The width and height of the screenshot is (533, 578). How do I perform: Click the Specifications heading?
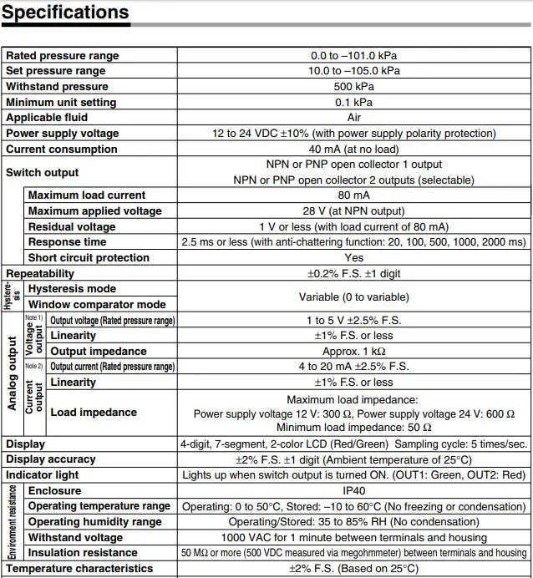pyautogui.click(x=65, y=13)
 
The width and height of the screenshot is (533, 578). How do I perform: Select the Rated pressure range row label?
pyautogui.click(x=63, y=56)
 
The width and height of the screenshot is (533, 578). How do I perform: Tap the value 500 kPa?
pyautogui.click(x=353, y=87)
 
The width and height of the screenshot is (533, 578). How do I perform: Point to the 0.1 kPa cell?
pyautogui.click(x=353, y=102)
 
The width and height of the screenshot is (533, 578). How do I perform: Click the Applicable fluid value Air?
pyautogui.click(x=353, y=118)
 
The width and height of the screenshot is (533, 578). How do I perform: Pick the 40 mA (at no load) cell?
pyautogui.click(x=353, y=150)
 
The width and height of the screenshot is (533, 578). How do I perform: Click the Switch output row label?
pyautogui.click(x=42, y=172)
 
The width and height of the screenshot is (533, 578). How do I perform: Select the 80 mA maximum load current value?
pyautogui.click(x=353, y=195)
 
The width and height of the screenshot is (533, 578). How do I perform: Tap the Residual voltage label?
pyautogui.click(x=72, y=227)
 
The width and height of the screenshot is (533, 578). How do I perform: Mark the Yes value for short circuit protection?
pyautogui.click(x=353, y=258)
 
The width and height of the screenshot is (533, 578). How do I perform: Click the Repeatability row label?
pyautogui.click(x=40, y=274)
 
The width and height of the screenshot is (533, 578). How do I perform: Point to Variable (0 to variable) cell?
pyautogui.click(x=353, y=297)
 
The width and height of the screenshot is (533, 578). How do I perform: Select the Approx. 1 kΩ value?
pyautogui.click(x=353, y=352)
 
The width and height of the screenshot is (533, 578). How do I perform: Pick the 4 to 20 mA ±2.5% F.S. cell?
pyautogui.click(x=353, y=367)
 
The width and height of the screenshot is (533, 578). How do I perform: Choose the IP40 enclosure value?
pyautogui.click(x=353, y=491)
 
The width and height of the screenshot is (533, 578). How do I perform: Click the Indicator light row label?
pyautogui.click(x=43, y=475)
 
